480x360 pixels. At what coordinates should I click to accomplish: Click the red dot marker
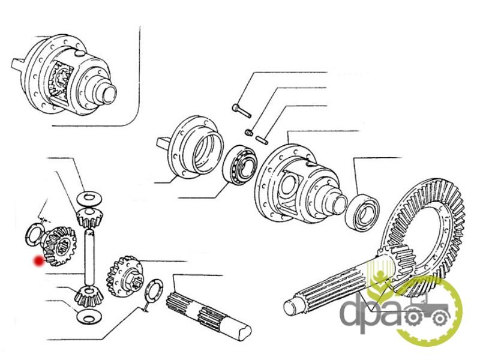pos(38,261)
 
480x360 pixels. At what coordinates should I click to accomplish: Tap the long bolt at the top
pos(242,111)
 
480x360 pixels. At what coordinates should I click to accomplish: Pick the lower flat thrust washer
pos(89,317)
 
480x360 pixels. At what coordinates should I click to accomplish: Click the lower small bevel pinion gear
pos(89,296)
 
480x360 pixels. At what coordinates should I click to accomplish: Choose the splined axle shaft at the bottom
pos(208,316)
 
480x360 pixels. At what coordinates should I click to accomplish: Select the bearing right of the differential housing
pos(362,212)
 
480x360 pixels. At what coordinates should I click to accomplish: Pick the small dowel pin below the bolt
pos(262,139)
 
